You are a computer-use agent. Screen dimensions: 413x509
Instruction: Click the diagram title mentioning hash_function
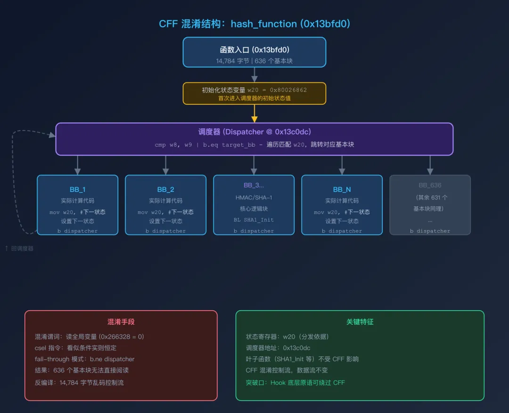tap(254, 24)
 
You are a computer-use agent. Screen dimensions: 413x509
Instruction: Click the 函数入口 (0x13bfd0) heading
tap(254, 50)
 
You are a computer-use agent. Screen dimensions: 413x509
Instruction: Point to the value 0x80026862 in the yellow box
tap(288, 90)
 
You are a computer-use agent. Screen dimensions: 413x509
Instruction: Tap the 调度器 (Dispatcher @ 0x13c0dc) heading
tap(254, 132)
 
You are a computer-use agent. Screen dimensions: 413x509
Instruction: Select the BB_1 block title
tap(78, 190)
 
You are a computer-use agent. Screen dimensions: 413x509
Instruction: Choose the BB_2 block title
tap(165, 190)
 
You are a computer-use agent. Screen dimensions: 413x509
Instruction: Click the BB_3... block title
tap(254, 185)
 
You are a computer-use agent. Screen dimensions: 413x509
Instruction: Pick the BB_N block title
tap(342, 190)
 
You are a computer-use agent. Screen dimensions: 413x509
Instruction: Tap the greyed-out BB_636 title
tap(430, 185)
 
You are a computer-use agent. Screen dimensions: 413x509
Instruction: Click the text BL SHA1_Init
tap(254, 220)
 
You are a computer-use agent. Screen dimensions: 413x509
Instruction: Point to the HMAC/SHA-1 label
tap(254, 198)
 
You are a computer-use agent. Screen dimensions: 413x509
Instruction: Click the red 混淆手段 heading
tap(121, 322)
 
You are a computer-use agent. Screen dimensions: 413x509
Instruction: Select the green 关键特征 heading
tap(360, 322)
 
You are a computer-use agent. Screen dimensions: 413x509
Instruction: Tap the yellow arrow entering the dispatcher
tap(254, 114)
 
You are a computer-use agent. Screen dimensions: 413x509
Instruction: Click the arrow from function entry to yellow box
tap(254, 74)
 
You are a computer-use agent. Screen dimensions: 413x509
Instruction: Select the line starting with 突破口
tap(295, 382)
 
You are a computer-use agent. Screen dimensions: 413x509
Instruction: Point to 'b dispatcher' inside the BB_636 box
tap(430, 231)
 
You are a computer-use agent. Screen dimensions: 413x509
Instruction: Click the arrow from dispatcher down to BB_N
tap(342, 165)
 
